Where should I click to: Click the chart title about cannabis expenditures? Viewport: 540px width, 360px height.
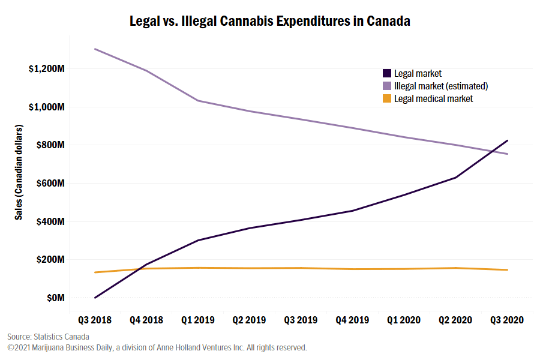click(x=270, y=21)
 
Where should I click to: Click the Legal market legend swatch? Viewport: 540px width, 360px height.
click(x=388, y=74)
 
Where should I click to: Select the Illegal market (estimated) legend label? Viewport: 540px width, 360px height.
click(x=440, y=86)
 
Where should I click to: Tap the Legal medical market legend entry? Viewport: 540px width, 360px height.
click(x=433, y=98)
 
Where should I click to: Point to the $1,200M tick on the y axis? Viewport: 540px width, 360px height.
click(x=46, y=69)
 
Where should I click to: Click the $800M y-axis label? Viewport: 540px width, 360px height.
click(x=50, y=145)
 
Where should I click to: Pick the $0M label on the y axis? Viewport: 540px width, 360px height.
click(x=55, y=298)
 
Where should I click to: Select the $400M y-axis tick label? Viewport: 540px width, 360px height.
click(x=50, y=222)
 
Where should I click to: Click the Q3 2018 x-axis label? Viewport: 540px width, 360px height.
click(x=95, y=320)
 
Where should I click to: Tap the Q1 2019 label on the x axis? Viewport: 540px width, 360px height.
click(x=198, y=320)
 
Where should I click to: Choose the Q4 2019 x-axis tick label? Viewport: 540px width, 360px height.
click(x=353, y=320)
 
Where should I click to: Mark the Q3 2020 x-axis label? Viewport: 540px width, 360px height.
click(x=508, y=320)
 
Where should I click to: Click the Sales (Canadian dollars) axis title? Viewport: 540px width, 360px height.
click(x=19, y=173)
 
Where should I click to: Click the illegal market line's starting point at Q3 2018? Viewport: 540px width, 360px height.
click(x=95, y=49)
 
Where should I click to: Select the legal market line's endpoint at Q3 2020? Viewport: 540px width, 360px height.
click(x=508, y=140)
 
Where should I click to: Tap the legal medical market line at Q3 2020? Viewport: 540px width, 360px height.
click(x=508, y=270)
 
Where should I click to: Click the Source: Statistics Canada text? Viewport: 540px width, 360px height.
click(x=48, y=337)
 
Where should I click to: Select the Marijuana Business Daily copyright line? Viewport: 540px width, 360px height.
click(x=157, y=347)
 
